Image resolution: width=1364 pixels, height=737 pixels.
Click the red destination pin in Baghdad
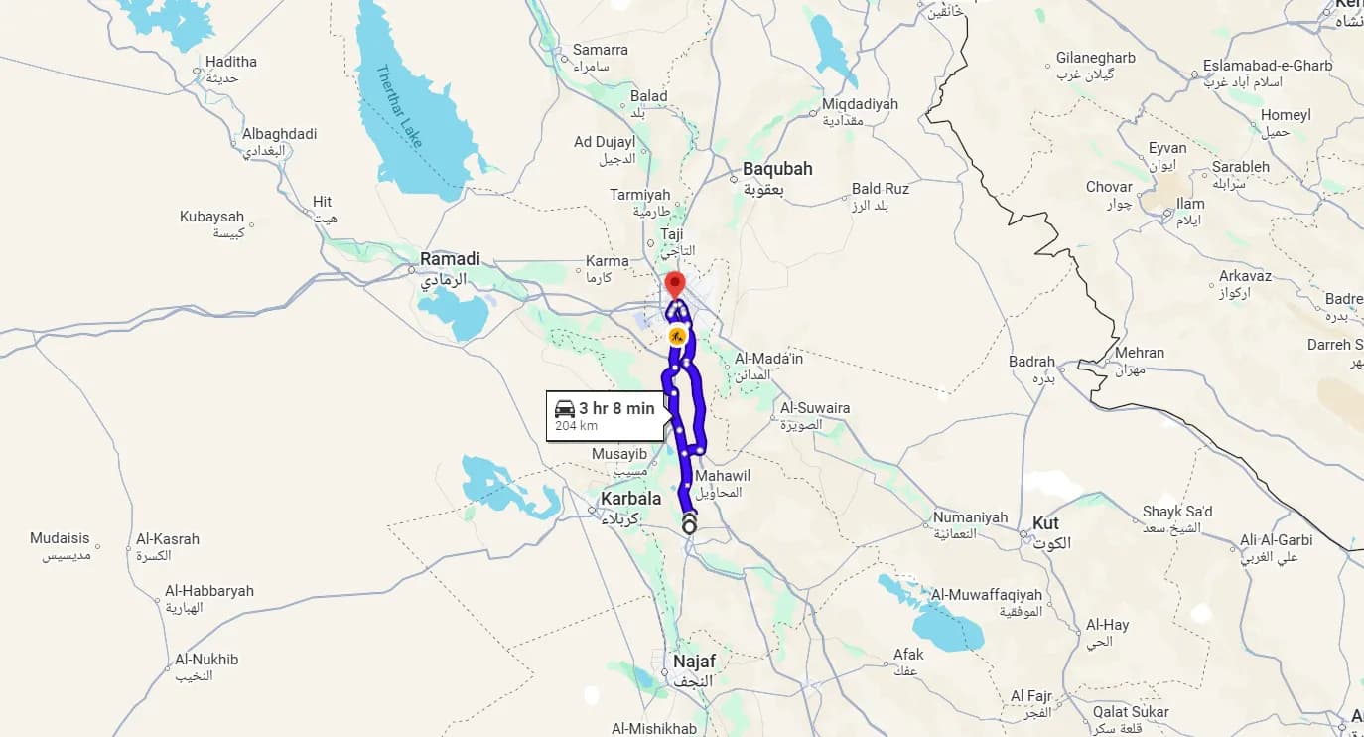[674, 282]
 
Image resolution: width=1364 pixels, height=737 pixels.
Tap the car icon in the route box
[565, 408]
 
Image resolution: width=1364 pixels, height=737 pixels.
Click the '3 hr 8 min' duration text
[616, 408]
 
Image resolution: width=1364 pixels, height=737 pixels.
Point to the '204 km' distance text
[576, 426]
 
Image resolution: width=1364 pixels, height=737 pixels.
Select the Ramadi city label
[450, 259]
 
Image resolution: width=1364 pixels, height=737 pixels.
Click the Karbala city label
[630, 498]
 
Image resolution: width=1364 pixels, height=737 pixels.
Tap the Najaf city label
[694, 662]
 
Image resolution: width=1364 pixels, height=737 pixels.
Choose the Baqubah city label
[777, 169]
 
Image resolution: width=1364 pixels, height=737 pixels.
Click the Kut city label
[1045, 523]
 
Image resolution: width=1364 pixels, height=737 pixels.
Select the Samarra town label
[600, 50]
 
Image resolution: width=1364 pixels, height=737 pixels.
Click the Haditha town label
[230, 62]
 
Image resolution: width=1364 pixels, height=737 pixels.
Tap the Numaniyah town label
[970, 517]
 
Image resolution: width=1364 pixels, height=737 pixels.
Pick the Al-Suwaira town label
[815, 408]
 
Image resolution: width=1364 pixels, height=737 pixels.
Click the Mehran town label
[1139, 353]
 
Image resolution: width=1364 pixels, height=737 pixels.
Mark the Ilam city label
[1189, 204]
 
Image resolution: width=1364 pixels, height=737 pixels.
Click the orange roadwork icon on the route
[677, 336]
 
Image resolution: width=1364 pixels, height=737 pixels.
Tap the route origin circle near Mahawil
[689, 526]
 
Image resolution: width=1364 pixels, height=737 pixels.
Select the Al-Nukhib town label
[206, 659]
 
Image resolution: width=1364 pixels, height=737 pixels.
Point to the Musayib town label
[618, 454]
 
